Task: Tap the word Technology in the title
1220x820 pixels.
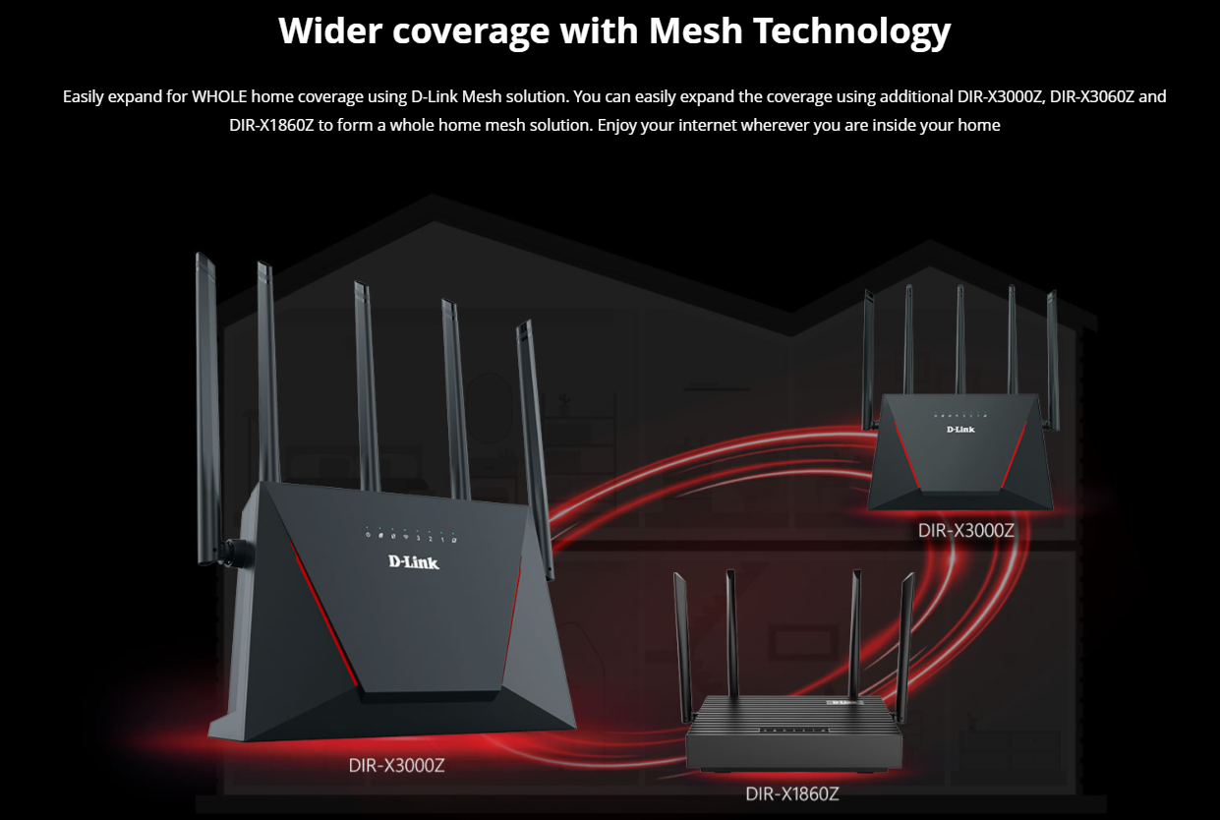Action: [x=851, y=31]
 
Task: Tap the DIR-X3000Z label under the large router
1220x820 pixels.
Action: [x=396, y=765]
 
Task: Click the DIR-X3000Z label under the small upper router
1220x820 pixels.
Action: [x=965, y=530]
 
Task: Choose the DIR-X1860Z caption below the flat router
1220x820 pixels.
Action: [x=791, y=793]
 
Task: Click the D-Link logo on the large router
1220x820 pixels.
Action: [x=414, y=562]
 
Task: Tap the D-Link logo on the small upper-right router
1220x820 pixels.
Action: [x=961, y=430]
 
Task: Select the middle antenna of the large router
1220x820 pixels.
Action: [x=367, y=383]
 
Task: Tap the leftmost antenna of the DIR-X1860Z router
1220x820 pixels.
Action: [x=681, y=639]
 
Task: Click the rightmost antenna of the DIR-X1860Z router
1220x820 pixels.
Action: [x=905, y=639]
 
